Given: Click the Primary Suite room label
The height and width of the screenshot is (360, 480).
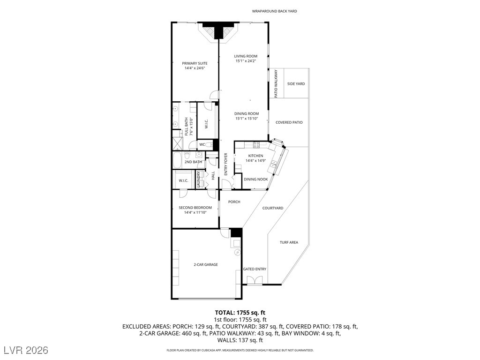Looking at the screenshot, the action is click(x=195, y=63).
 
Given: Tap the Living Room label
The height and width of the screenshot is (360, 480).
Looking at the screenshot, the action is click(x=246, y=56).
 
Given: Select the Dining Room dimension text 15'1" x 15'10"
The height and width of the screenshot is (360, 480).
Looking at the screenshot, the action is click(x=247, y=119).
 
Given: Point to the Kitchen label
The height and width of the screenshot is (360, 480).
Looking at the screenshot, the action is click(x=255, y=156).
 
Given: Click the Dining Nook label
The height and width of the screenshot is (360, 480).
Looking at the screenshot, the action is click(x=255, y=180).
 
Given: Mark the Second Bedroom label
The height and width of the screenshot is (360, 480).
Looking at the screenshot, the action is click(x=195, y=208).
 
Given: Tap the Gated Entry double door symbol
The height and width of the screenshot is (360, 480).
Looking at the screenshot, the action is click(x=255, y=280).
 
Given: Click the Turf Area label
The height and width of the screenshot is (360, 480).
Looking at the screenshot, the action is click(x=289, y=242).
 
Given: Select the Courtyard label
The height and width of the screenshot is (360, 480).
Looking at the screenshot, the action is click(x=273, y=208).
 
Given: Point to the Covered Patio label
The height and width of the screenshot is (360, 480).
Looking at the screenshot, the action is click(x=289, y=122).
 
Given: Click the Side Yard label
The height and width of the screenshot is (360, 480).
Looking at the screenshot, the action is click(x=296, y=83).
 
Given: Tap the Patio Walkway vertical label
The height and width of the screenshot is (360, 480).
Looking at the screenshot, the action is click(x=276, y=84).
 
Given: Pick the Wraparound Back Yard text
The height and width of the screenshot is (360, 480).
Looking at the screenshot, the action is click(x=274, y=11).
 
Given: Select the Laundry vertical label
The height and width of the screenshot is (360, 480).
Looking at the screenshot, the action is click(x=198, y=180).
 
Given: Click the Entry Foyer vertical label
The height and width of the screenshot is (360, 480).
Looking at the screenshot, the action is click(x=225, y=164).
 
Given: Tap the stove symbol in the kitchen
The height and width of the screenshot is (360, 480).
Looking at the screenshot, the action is click(x=256, y=144).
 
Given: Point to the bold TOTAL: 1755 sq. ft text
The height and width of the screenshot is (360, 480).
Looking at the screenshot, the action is click(x=240, y=313).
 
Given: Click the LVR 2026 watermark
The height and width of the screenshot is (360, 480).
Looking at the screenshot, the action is click(x=26, y=350).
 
